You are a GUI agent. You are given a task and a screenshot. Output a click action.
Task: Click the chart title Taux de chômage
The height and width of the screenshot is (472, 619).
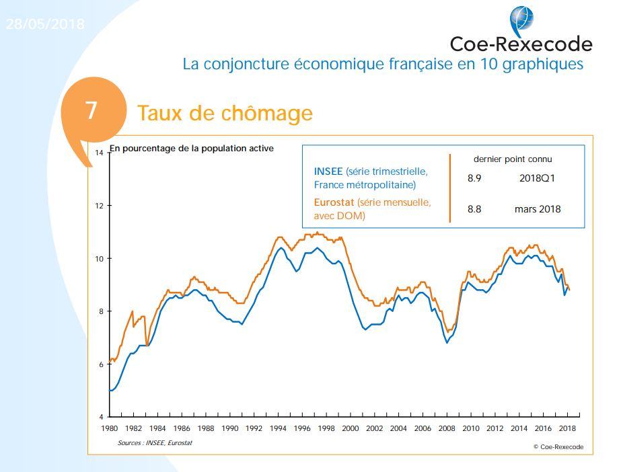pos(225,113)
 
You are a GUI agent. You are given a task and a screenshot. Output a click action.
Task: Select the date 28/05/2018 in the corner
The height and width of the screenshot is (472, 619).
pos(45,24)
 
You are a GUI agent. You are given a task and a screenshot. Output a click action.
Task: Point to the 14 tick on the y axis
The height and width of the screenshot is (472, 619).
pos(99,153)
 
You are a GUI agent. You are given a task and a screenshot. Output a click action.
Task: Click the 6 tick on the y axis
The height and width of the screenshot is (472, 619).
pos(100,364)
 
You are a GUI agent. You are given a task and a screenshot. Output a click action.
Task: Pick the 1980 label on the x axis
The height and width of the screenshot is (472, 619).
pos(110,428)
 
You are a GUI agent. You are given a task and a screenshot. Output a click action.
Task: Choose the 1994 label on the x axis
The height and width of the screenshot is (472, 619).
pos(277,428)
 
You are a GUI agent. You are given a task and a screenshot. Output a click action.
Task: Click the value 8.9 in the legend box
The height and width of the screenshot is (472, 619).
pos(474,179)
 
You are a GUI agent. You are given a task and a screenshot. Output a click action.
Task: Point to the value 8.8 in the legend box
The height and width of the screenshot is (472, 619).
pos(474,209)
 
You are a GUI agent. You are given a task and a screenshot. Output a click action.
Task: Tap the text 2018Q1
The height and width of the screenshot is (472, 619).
pos(537,179)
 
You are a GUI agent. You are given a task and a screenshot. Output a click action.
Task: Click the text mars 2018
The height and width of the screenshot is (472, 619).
pos(537,209)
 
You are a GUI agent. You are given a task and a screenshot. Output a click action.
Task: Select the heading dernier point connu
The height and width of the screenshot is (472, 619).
pos(513,159)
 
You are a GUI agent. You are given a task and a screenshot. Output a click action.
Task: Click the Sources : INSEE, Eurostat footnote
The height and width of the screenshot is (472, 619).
pos(155,442)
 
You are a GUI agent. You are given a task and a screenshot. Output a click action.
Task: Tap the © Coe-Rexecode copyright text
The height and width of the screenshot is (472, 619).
pos(558,446)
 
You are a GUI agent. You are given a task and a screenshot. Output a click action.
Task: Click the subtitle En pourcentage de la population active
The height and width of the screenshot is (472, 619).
pos(192,149)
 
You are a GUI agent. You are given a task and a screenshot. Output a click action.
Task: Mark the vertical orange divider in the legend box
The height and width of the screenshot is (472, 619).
pos(449,188)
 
